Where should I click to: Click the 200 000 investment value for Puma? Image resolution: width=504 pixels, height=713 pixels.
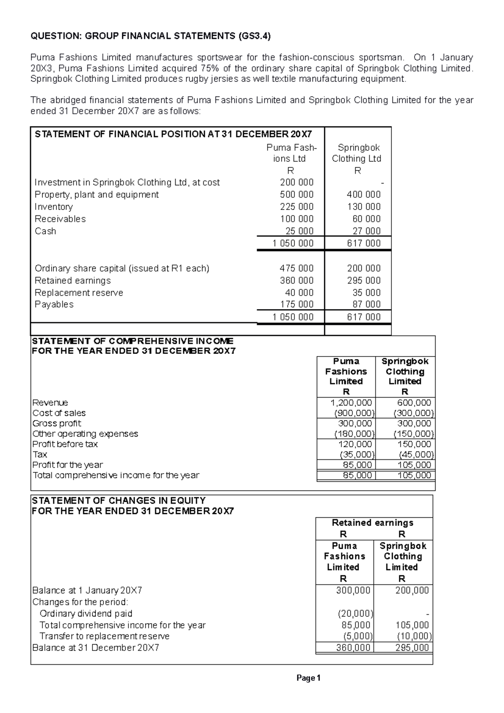[x=297, y=182]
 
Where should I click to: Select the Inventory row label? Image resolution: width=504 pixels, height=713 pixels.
[x=54, y=207]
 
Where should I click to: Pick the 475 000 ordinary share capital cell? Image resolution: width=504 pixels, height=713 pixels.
[x=297, y=268]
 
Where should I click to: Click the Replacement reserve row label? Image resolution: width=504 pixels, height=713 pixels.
[x=79, y=293]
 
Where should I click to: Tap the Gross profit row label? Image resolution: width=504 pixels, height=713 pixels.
[x=57, y=423]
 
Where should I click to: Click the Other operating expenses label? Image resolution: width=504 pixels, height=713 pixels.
[x=85, y=433]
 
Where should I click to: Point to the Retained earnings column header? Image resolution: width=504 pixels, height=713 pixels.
[x=373, y=523]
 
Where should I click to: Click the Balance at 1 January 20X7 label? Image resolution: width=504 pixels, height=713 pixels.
[x=87, y=590]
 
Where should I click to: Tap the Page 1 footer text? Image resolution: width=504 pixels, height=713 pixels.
[x=308, y=678]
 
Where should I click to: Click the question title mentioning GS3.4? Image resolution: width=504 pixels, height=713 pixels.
[x=151, y=36]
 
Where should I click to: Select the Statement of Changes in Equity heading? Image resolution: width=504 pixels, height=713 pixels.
[x=119, y=501]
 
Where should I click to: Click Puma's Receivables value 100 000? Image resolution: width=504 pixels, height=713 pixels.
[x=297, y=219]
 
